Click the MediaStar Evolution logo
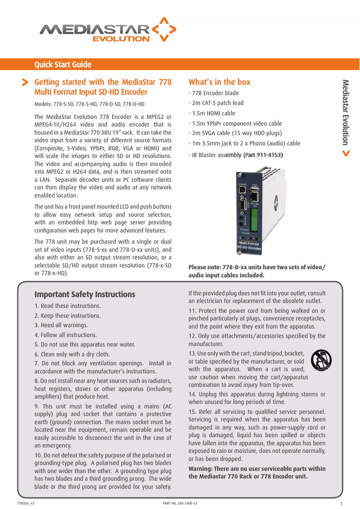click(x=108, y=31)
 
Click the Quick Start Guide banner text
click(x=63, y=65)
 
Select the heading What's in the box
click(x=220, y=82)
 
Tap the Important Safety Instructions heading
click(x=85, y=294)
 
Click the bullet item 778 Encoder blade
click(x=215, y=93)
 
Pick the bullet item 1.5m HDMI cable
click(x=213, y=114)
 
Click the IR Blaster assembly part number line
click(x=237, y=155)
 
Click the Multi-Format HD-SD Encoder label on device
click(x=249, y=246)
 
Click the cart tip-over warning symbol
click(x=321, y=360)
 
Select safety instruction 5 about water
click(x=85, y=345)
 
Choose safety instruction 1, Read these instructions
click(x=68, y=306)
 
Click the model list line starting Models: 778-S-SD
click(x=89, y=105)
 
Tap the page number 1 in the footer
click(x=342, y=504)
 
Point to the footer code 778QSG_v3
click(x=26, y=503)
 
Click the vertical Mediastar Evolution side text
click(x=345, y=112)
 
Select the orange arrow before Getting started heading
click(x=25, y=83)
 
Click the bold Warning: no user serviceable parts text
click(x=257, y=473)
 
